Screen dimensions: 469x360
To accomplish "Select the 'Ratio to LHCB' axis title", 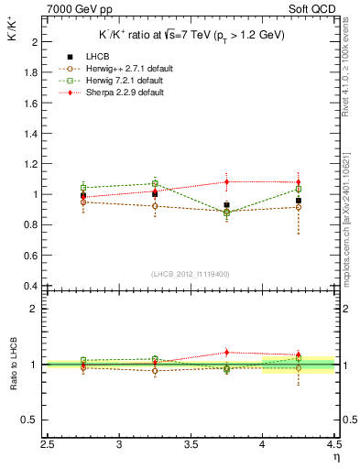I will click(15, 365).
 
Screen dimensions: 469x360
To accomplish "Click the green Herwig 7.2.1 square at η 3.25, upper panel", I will click(156, 183).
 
